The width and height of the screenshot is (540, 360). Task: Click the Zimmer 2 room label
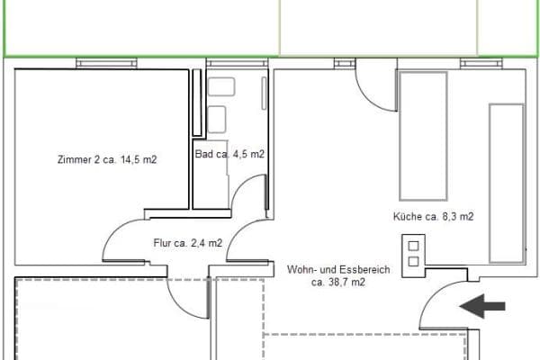pyautogui.click(x=106, y=160)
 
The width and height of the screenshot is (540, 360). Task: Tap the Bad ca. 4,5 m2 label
pyautogui.click(x=229, y=154)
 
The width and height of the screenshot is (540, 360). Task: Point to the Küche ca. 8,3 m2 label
pyautogui.click(x=433, y=216)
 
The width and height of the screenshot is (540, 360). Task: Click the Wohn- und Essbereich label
pyautogui.click(x=326, y=269)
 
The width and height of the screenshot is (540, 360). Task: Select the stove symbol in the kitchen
pyautogui.click(x=413, y=253)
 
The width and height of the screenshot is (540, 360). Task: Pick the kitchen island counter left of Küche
pyautogui.click(x=423, y=135)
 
